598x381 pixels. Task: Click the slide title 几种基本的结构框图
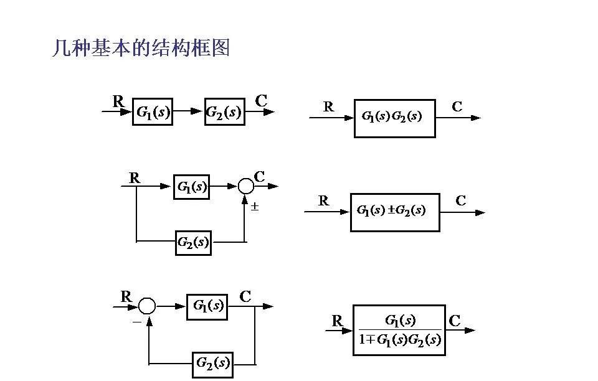(x=141, y=48)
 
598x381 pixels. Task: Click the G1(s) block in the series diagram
(x=152, y=112)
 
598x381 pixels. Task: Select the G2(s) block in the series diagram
(x=224, y=112)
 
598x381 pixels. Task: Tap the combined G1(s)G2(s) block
(x=394, y=118)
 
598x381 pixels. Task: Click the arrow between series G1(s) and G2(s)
(x=188, y=112)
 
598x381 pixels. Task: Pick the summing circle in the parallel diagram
(x=246, y=186)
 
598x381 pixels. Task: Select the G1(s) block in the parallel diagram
(x=191, y=186)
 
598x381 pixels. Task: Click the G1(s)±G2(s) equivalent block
(x=395, y=212)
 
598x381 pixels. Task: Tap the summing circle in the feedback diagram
(x=147, y=306)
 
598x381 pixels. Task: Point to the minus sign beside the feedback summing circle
(x=136, y=322)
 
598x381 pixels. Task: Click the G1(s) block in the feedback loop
(x=207, y=306)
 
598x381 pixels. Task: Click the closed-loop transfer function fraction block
(x=399, y=330)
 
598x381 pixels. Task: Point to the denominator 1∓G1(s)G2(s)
(x=400, y=340)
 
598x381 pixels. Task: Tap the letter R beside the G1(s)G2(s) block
(x=328, y=107)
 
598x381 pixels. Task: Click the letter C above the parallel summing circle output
(x=260, y=177)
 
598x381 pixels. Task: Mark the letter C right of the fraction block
(x=455, y=321)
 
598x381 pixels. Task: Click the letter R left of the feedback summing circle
(x=126, y=297)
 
